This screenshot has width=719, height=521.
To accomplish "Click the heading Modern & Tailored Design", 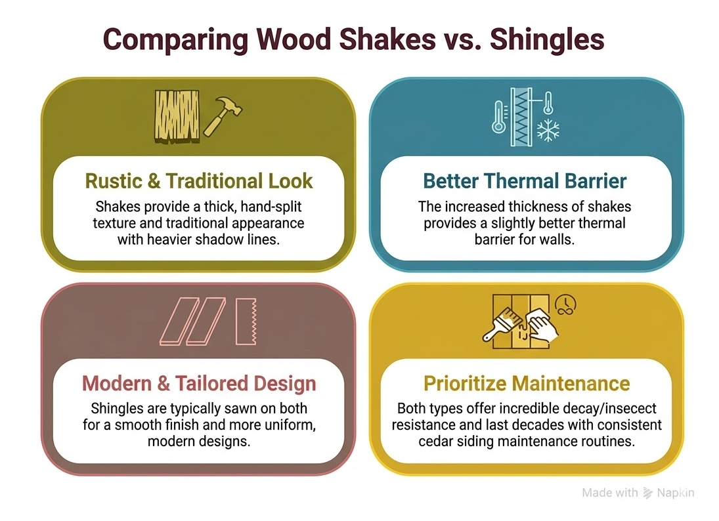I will click(198, 383).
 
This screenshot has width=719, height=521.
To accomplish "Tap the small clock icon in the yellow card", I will click(562, 302).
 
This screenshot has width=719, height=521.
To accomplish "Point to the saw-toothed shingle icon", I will click(245, 321).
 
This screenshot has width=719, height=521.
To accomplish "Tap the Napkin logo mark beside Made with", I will click(647, 493).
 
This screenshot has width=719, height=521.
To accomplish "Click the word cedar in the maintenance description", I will click(435, 440).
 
